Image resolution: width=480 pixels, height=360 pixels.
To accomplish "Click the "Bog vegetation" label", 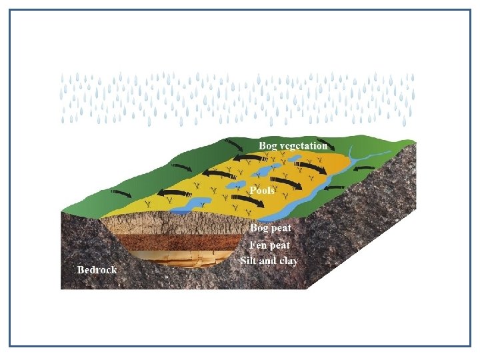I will [x=293, y=145].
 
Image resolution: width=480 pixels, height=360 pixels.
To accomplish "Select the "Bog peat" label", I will [x=270, y=228].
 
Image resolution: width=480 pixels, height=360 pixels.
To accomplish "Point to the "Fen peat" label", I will [x=270, y=245].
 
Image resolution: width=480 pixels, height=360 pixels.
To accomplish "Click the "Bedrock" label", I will [x=97, y=269].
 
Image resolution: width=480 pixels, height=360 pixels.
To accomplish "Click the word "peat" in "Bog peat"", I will [x=281, y=229].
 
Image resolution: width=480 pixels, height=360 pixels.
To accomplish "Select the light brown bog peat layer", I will [x=167, y=223].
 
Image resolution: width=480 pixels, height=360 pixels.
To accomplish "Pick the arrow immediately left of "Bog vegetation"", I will [x=235, y=145].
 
